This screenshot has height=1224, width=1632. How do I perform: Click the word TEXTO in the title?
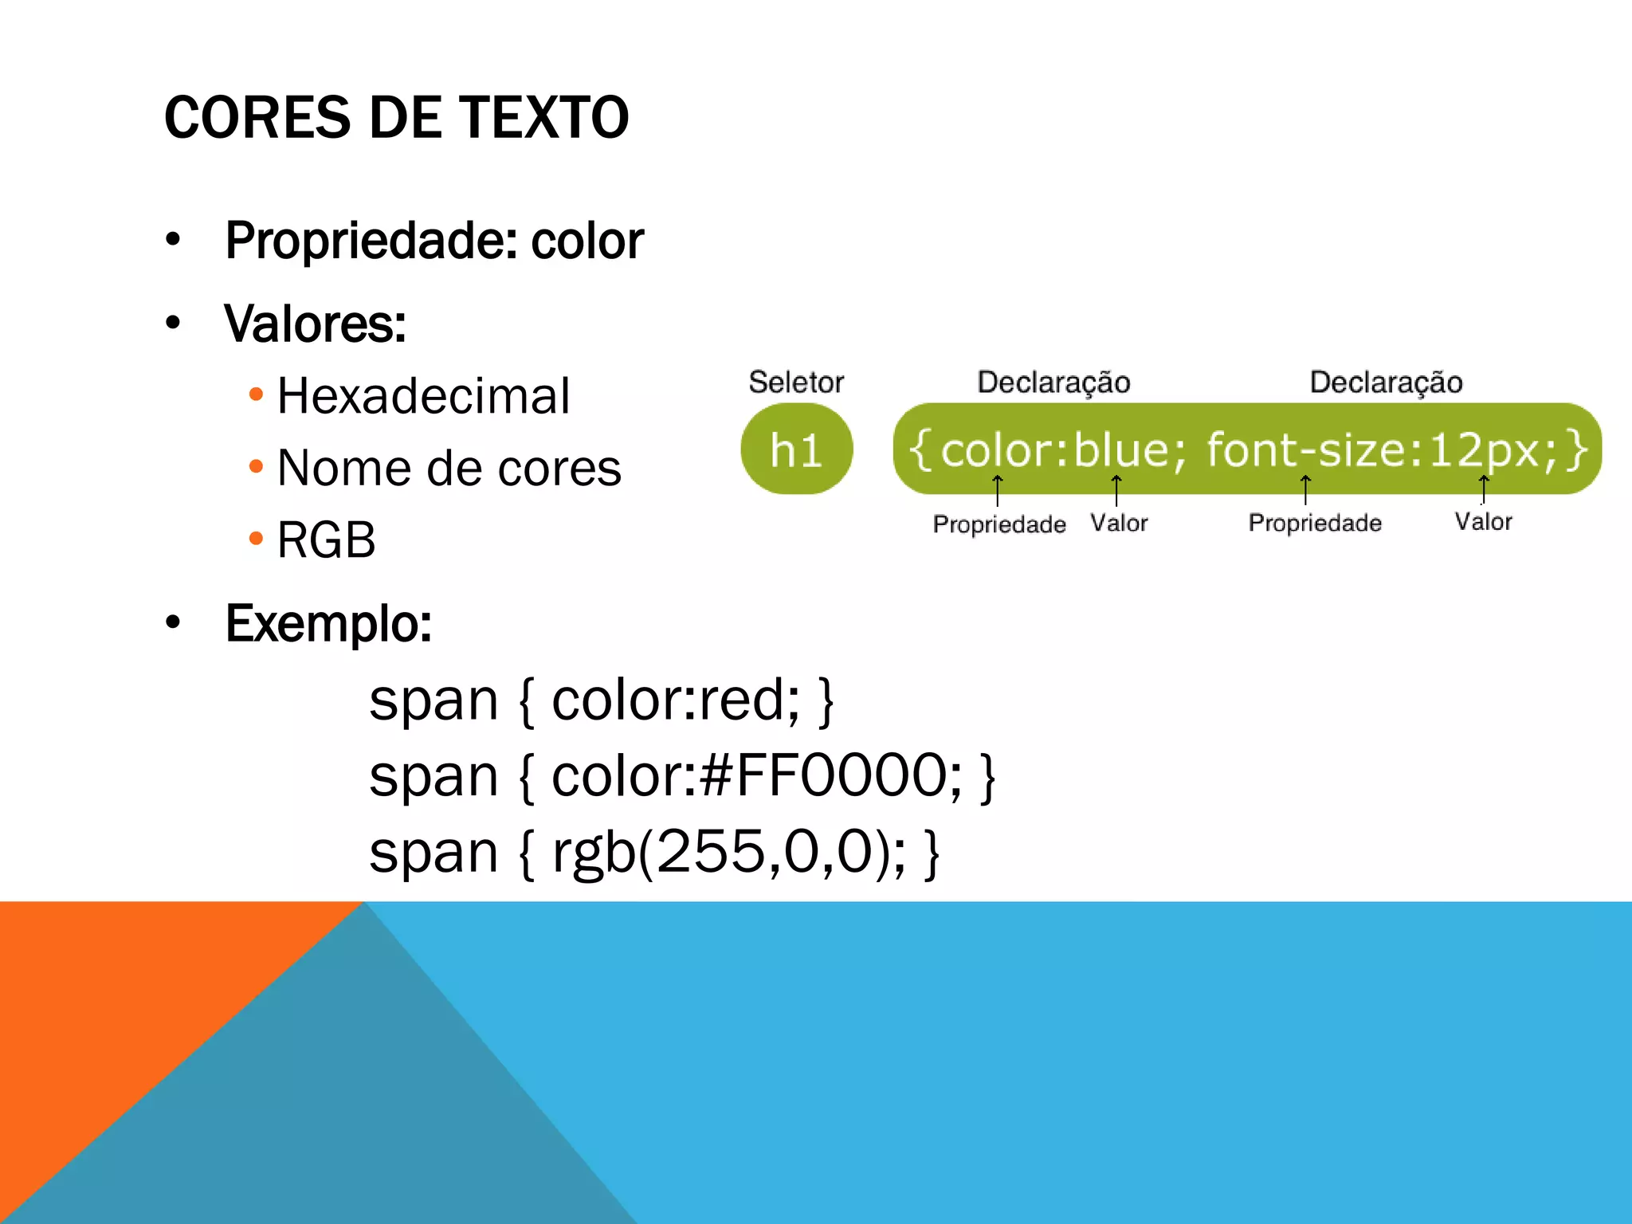544,118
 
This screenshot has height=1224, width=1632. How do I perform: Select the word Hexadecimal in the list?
423,396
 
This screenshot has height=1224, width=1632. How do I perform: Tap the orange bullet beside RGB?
256,539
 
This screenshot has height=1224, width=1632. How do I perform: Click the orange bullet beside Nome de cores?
256,466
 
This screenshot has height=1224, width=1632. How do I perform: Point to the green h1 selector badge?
796,449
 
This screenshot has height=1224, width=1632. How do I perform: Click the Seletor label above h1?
795,382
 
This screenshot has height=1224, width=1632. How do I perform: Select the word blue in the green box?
1121,450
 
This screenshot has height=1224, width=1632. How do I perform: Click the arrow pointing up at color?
997,489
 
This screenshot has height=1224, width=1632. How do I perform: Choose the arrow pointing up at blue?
1116,489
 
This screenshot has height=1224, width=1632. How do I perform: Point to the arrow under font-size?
1305,489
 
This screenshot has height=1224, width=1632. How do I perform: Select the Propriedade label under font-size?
1315,523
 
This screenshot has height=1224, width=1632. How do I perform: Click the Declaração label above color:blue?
1053,382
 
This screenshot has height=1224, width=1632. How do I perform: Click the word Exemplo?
328,623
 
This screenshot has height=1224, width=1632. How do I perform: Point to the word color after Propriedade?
587,241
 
